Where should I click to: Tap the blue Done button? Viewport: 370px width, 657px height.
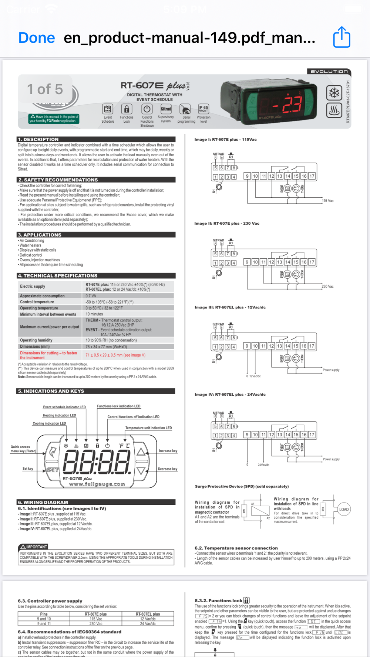(x=37, y=38)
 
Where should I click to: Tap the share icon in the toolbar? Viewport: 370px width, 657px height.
(x=342, y=37)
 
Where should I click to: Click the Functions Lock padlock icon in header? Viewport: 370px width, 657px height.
(x=127, y=109)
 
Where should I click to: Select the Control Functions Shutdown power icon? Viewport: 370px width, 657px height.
(x=147, y=109)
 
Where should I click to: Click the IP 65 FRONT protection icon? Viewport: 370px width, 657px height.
(x=203, y=109)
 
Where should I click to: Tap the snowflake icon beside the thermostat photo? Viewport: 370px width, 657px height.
(x=334, y=93)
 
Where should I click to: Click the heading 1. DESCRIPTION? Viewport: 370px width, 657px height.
(x=38, y=139)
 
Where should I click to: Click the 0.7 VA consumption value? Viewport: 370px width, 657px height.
(x=91, y=296)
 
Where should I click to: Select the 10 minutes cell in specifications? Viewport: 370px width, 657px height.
(x=94, y=314)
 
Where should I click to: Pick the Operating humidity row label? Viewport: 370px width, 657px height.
(x=36, y=340)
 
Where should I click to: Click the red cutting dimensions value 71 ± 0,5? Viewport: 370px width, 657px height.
(x=115, y=355)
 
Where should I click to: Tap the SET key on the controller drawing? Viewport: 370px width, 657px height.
(x=53, y=470)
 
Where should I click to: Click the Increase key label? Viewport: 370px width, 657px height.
(x=168, y=451)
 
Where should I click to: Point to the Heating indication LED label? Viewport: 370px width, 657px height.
(x=59, y=415)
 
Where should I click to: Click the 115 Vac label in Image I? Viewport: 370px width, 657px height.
(x=327, y=201)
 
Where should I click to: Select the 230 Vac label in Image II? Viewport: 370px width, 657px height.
(x=327, y=286)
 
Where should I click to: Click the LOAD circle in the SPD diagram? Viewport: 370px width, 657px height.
(x=344, y=509)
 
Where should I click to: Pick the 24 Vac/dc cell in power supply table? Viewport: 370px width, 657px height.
(x=148, y=624)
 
